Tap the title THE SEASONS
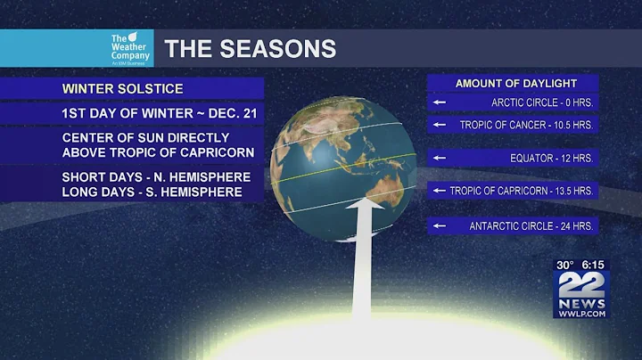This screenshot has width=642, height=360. [250, 48]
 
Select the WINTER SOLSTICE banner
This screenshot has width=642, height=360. [122, 89]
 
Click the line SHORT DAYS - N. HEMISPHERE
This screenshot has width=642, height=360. [156, 176]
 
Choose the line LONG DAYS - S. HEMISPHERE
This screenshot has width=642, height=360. [152, 192]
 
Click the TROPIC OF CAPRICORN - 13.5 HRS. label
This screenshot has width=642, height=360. [523, 191]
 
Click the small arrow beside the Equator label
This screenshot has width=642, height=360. [439, 158]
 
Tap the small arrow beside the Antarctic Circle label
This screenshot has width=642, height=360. [439, 225]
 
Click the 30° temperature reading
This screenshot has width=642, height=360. [565, 265]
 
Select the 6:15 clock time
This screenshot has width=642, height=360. [594, 265]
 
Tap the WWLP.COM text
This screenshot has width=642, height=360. [580, 313]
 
